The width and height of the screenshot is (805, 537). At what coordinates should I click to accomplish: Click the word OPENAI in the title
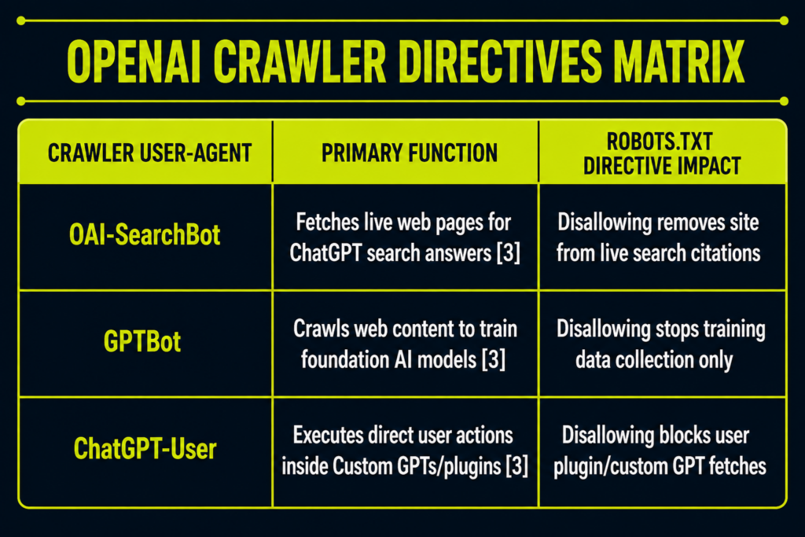point(134,61)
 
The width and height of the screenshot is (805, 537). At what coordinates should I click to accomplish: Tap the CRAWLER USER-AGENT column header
point(149,153)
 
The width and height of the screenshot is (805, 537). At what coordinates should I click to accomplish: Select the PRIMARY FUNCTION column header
point(409,153)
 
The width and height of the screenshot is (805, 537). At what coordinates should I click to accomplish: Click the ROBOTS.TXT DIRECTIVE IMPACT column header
point(662,153)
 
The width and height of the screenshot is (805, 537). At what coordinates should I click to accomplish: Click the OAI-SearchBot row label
point(145,235)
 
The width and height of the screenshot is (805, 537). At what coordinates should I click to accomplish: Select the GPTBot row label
point(142,341)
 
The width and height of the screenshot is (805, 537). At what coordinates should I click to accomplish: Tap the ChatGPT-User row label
point(145,449)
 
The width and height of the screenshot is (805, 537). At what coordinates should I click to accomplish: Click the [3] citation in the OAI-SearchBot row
point(509,253)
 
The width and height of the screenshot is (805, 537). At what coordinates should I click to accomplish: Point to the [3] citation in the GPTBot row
point(494,359)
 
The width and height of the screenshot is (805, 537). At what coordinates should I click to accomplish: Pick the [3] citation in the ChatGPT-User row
point(516,466)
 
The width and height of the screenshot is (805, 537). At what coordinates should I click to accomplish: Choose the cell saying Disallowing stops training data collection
point(660,344)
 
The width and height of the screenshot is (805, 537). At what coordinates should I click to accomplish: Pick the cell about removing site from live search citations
point(658,237)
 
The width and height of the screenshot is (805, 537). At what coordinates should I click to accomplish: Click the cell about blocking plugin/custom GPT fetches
point(660,451)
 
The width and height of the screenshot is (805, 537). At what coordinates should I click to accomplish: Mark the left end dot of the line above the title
point(21,20)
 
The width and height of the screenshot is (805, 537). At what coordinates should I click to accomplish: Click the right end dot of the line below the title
point(784,101)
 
